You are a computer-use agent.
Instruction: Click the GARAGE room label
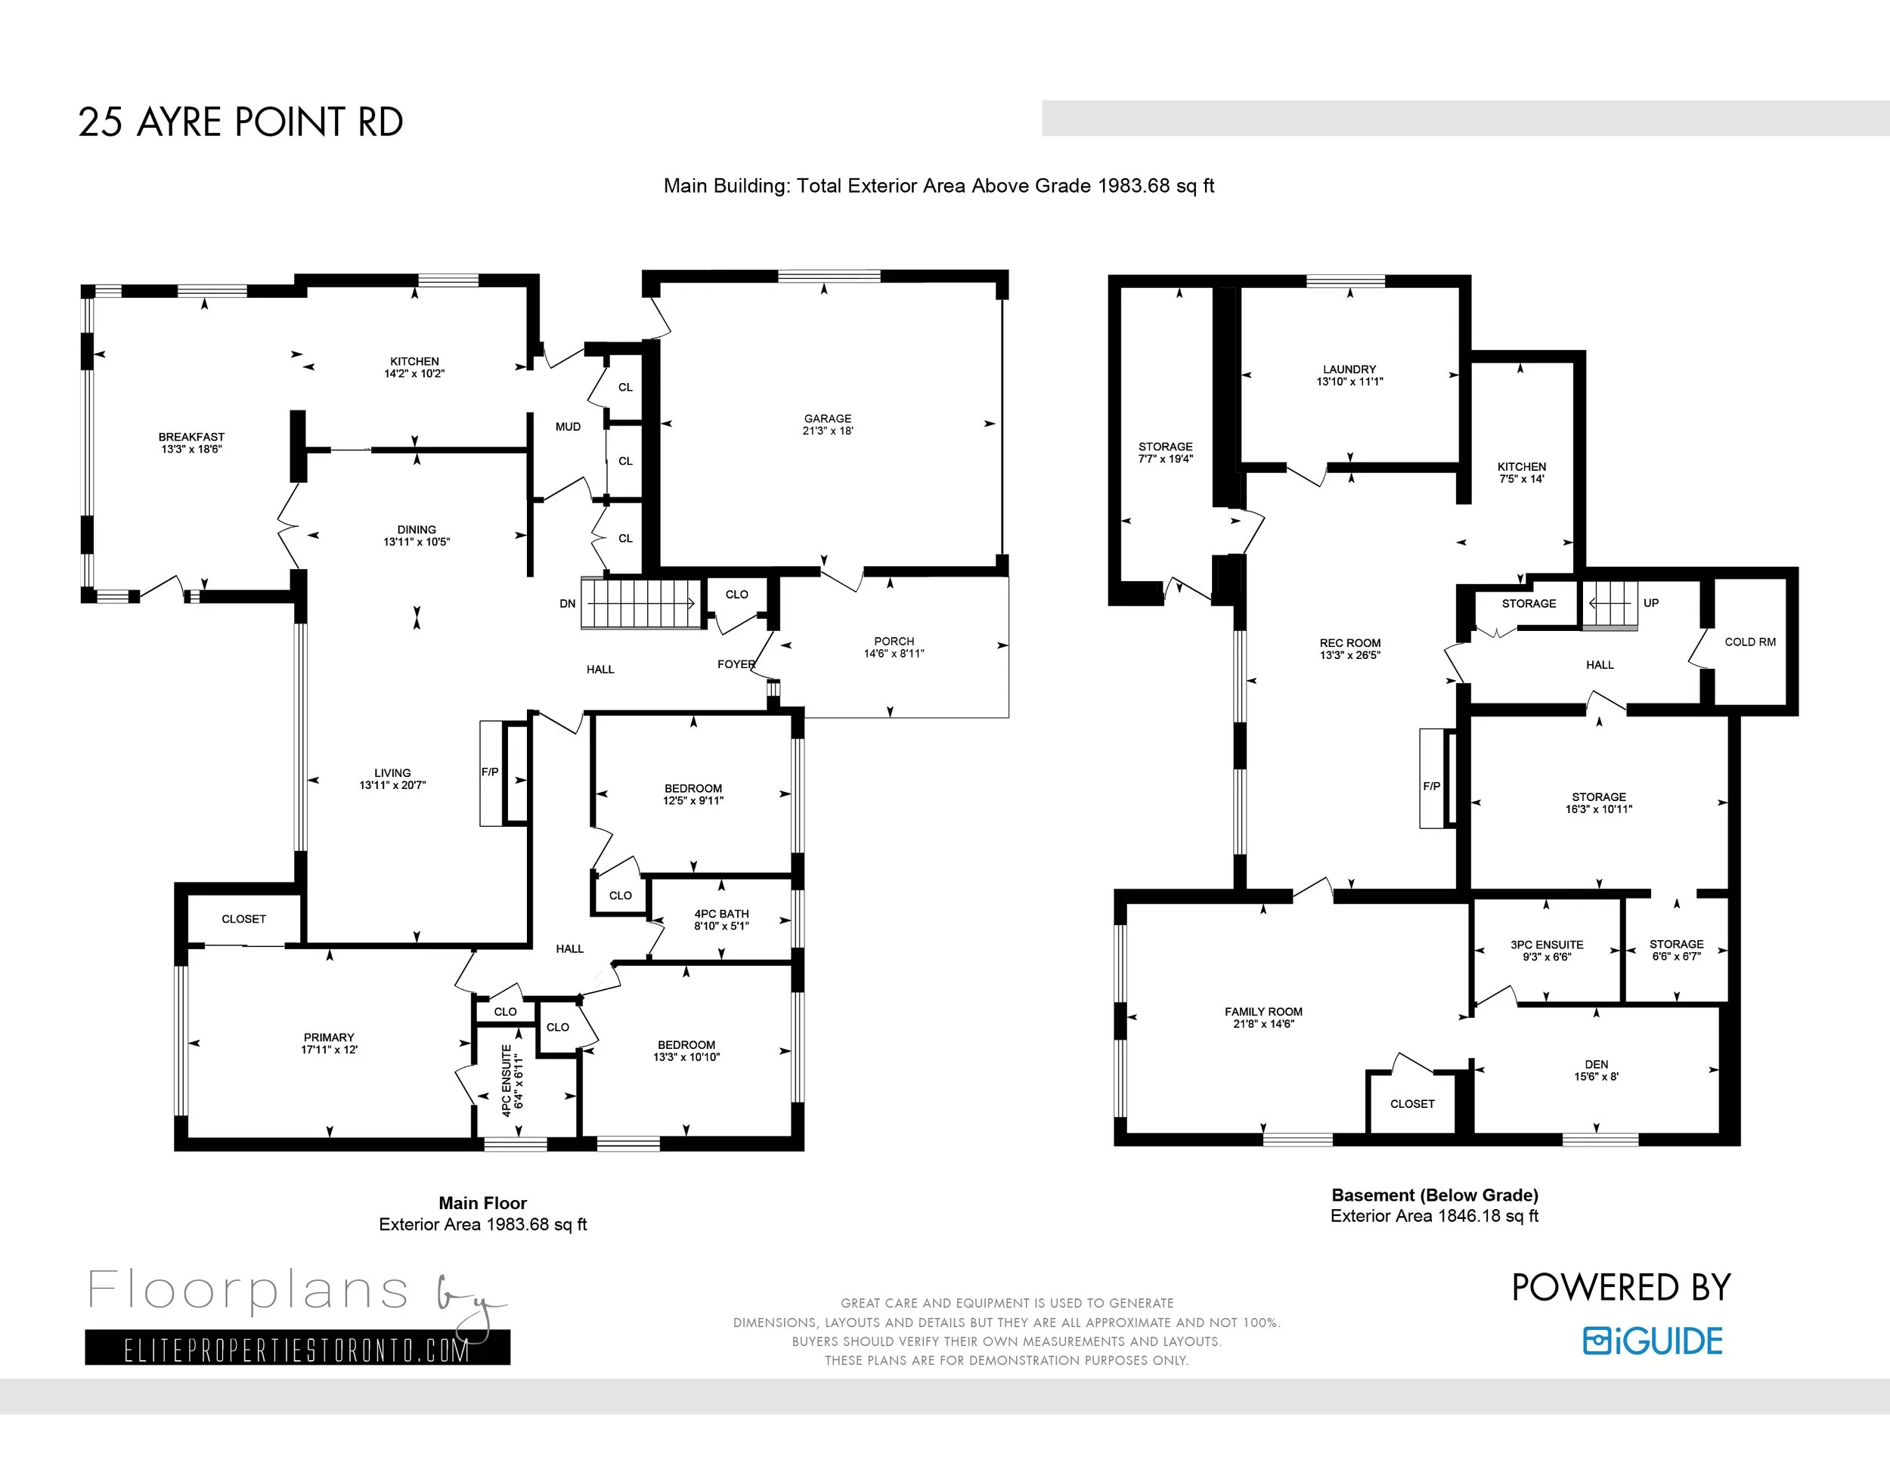[827, 419]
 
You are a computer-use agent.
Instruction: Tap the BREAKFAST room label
[191, 437]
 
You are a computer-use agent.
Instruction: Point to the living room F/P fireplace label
[490, 772]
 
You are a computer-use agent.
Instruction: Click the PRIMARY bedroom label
[329, 1037]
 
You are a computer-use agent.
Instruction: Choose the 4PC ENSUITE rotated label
[507, 1081]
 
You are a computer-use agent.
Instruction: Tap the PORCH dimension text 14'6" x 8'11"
[894, 654]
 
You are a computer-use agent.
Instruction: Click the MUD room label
[568, 426]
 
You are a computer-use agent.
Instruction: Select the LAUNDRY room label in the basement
[1349, 370]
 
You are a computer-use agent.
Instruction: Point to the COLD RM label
[1750, 642]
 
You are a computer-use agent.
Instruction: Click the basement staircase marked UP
[1610, 604]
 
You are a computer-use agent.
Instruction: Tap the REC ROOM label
[1350, 642]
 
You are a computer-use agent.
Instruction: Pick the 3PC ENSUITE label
[1548, 945]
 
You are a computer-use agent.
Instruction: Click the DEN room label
[1597, 1065]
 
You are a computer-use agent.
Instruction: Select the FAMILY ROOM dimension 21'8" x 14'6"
[1263, 1024]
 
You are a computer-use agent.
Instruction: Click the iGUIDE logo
[1653, 1341]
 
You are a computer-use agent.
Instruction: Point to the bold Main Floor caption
[483, 1203]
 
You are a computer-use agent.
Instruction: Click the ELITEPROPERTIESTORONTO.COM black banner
[298, 1347]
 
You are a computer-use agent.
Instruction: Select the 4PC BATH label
[722, 914]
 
